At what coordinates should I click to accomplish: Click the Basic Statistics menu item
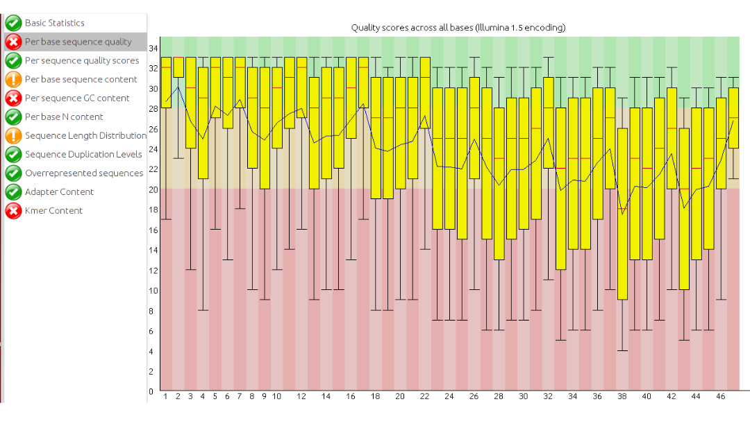(54, 23)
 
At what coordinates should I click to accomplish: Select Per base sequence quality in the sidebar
(78, 42)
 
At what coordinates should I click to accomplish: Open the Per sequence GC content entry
(77, 98)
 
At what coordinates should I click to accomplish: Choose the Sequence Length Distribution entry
(85, 135)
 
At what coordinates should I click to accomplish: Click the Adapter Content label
(59, 191)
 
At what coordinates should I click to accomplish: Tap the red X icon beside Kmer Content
(13, 210)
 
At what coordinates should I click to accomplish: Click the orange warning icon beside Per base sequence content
(13, 79)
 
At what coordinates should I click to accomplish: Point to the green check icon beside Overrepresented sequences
(13, 173)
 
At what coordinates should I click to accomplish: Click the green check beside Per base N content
(13, 117)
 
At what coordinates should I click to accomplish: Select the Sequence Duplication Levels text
(83, 154)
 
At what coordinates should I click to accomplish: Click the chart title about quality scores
(458, 28)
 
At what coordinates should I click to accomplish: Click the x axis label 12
(301, 396)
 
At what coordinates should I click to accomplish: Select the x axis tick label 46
(722, 396)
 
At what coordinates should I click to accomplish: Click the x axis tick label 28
(499, 396)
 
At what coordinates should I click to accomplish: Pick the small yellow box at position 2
(178, 67)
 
